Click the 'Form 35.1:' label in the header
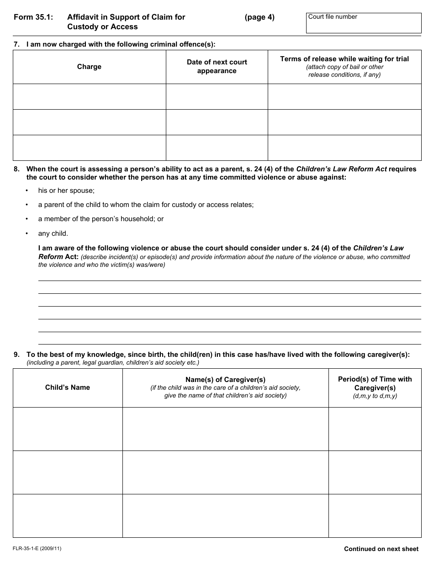tap(33, 17)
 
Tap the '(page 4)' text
tap(259, 17)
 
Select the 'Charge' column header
tap(89, 67)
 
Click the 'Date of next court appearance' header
tap(217, 67)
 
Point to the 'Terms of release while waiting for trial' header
tap(344, 59)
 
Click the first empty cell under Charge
tap(89, 96)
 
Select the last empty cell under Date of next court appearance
tap(217, 148)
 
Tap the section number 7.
tap(16, 44)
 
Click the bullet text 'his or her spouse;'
tap(66, 191)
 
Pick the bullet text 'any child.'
tap(53, 233)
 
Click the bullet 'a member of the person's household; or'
tap(101, 219)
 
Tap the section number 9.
tap(16, 354)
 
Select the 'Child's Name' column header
tap(68, 387)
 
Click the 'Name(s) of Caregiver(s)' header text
tap(225, 380)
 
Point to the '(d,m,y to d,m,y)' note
tap(375, 396)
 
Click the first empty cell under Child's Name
tap(68, 429)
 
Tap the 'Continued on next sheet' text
tap(381, 549)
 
